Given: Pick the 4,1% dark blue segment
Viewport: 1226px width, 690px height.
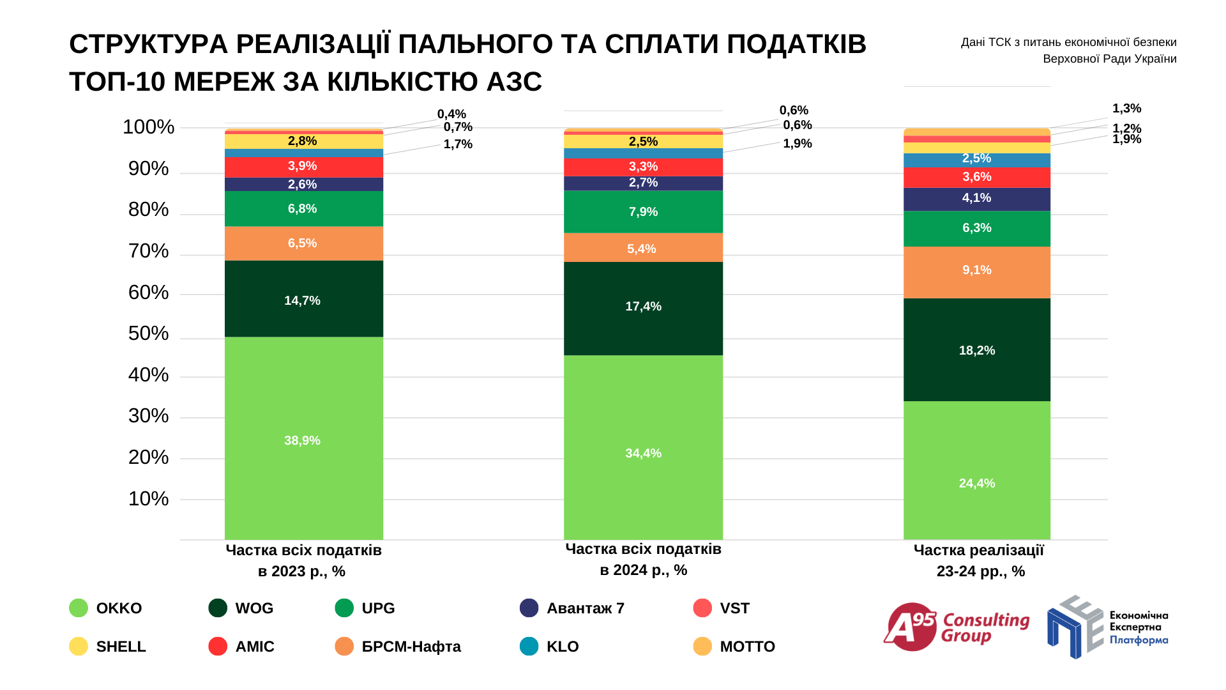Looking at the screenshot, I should pos(976,199).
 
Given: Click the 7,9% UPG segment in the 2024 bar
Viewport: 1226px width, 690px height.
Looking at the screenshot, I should pos(643,211).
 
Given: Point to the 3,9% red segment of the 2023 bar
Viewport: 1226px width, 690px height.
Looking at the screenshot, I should pos(303,166).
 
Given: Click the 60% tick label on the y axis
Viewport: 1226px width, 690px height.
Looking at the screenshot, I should pos(149,293).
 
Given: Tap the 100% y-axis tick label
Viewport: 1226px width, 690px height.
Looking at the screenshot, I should pos(149,127).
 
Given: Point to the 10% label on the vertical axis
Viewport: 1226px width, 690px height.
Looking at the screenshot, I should pos(149,499).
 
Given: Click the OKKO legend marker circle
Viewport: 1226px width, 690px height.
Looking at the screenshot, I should pos(79,608).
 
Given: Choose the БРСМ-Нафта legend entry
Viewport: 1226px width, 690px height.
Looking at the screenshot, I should pos(398,647).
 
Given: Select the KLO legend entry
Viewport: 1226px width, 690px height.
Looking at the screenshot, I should pos(550,647).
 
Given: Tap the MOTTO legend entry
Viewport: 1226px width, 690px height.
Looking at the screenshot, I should pos(734,647).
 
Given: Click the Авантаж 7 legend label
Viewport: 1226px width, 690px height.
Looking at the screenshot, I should pos(585,608).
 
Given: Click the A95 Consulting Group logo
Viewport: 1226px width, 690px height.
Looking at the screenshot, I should pos(956,627).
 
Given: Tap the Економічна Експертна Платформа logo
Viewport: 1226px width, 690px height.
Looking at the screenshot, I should pos(1107,627).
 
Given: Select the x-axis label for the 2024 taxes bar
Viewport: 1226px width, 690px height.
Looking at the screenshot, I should pos(643,559).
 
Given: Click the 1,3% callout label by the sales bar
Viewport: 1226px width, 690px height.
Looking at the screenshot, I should pos(1126,109).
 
